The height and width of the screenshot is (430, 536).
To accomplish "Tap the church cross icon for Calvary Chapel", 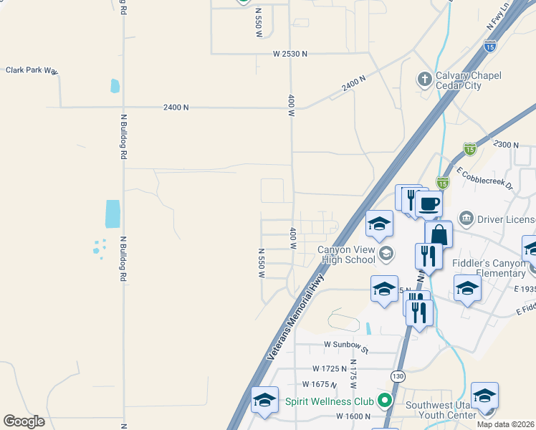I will pos(424,79).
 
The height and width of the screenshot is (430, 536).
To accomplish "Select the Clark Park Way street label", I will pos(32,70).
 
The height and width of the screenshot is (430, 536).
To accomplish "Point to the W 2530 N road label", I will pos(289,54).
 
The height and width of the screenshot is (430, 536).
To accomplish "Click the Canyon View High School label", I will pos(346,254).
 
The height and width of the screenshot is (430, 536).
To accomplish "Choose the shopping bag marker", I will pos(439,234).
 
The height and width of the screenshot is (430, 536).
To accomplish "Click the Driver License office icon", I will pos(466,217).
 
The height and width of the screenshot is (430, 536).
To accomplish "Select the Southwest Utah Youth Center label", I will pos(441,409).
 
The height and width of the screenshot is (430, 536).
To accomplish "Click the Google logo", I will pos(24,421).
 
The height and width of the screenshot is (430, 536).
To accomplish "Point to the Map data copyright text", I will pos(506,424).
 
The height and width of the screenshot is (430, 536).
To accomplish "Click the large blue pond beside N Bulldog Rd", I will pos(113,214).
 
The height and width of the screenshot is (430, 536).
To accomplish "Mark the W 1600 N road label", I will pos(353,416).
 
